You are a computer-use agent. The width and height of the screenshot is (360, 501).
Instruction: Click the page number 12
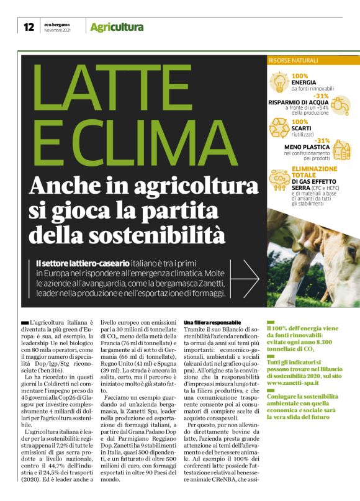click(x=29, y=27)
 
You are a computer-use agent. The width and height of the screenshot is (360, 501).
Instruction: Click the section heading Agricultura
click(x=117, y=27)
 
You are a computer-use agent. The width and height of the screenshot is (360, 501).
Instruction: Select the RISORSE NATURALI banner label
click(x=293, y=60)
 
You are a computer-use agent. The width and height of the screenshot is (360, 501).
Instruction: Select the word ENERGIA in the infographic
click(x=308, y=82)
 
